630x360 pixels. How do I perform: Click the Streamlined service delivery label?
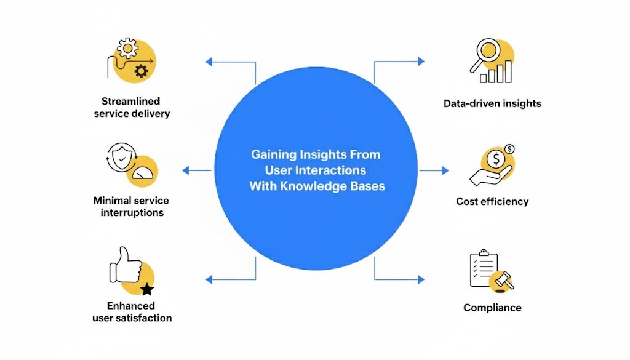[x=131, y=107]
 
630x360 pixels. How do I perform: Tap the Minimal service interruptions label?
[x=131, y=206]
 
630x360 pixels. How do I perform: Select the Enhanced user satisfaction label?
[x=132, y=311]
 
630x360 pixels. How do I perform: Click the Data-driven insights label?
[x=492, y=103]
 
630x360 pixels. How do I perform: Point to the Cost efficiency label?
[x=492, y=201]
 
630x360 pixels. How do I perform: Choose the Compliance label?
[x=492, y=308]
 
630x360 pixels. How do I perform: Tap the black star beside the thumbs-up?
[x=146, y=289]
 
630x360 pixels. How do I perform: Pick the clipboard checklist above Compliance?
[x=482, y=268]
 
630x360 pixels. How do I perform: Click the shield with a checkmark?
[x=122, y=159]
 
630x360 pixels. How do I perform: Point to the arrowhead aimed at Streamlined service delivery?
[x=209, y=62]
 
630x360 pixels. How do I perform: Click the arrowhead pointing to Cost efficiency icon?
[x=445, y=170]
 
